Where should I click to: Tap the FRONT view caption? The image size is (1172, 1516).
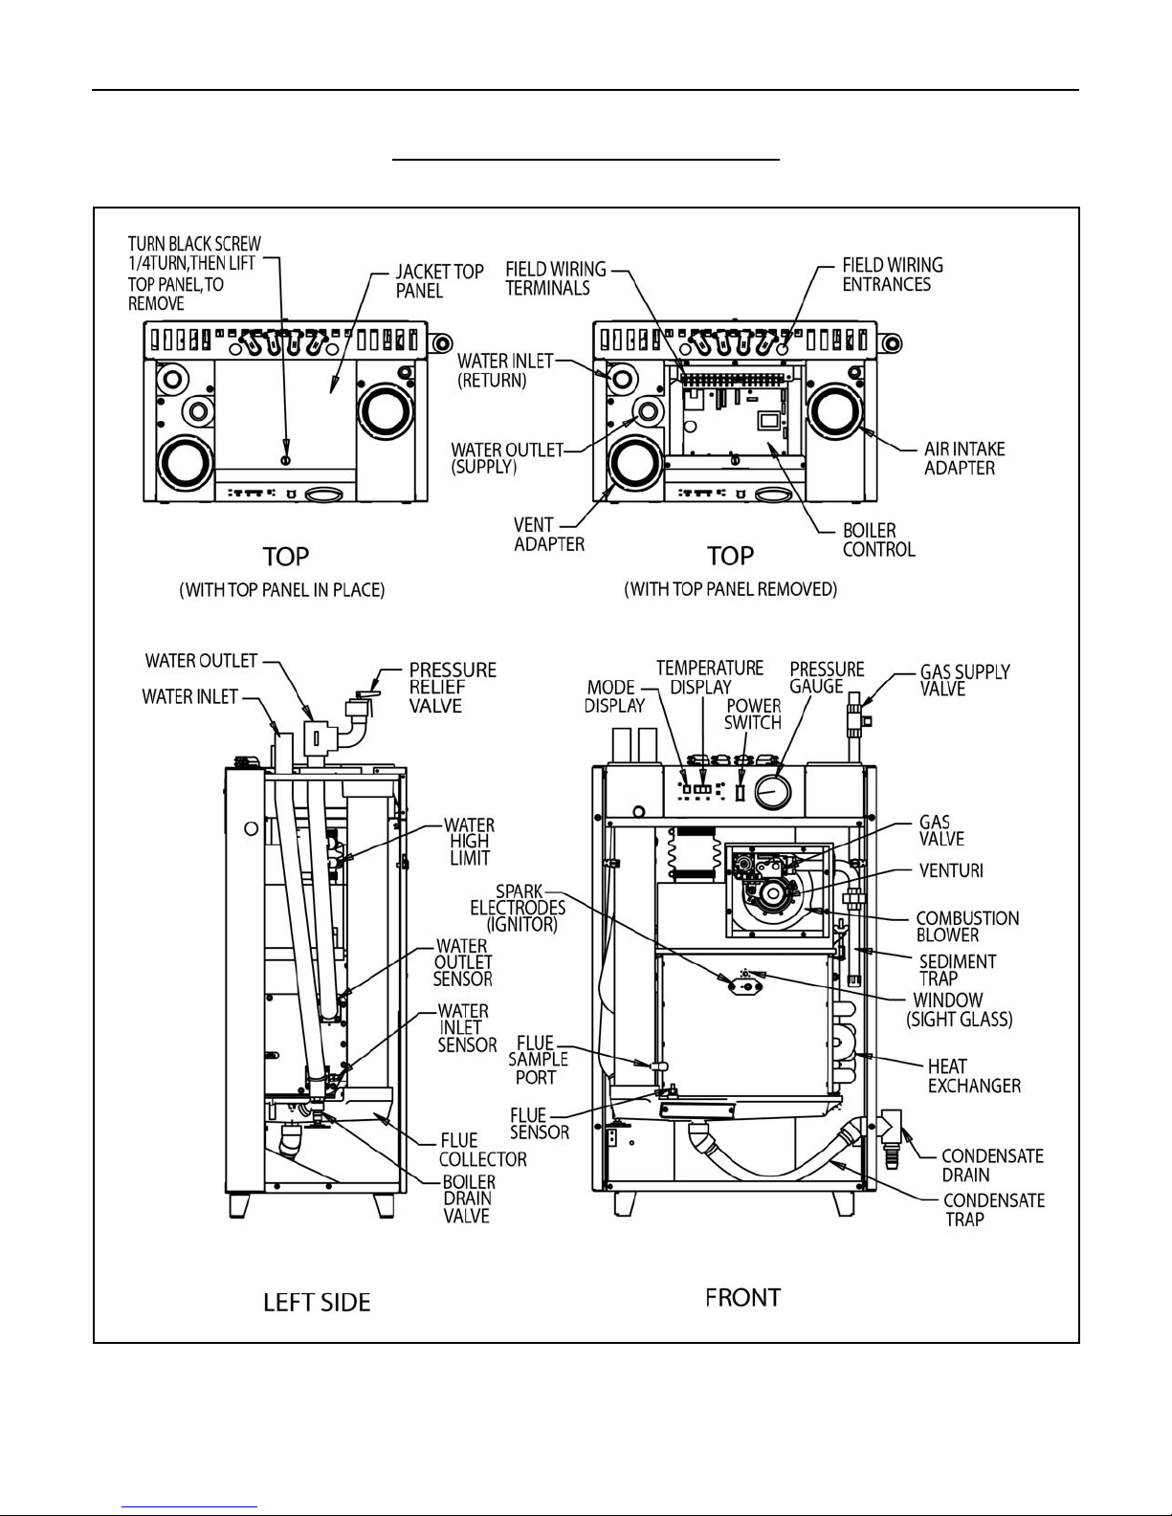coord(742,1298)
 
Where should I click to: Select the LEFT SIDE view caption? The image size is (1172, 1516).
coord(317,1303)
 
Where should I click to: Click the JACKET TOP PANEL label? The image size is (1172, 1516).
coord(439,281)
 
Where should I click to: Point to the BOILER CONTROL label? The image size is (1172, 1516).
coord(879,540)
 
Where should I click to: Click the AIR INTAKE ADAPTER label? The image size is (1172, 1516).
coord(964,458)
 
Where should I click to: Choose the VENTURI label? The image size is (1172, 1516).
coord(951,870)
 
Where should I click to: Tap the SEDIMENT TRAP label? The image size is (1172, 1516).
coord(957,970)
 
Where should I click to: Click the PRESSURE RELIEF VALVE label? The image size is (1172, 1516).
coord(453,688)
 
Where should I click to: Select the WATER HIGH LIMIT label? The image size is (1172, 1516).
coord(469,842)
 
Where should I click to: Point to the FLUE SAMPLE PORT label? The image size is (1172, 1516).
coord(538,1060)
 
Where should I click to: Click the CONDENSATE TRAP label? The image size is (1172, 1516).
coord(994,1211)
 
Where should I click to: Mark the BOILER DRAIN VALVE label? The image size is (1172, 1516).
coord(469,1198)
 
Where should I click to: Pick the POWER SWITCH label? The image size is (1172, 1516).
coord(753,714)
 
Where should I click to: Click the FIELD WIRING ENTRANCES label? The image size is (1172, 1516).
coord(893,275)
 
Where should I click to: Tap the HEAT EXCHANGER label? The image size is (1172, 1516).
coord(974,1076)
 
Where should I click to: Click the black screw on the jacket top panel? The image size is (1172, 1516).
coord(285,460)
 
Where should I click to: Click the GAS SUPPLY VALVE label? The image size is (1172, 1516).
coord(964,680)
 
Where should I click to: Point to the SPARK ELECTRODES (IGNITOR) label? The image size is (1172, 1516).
coord(518,909)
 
